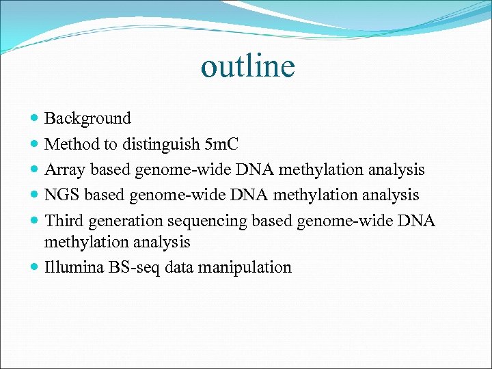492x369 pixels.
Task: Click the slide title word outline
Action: tap(247, 66)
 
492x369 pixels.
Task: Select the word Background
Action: tap(87, 118)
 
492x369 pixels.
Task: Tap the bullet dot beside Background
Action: tap(36, 119)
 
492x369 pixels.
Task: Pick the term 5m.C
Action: tap(221, 143)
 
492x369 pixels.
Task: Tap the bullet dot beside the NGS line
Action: tap(36, 195)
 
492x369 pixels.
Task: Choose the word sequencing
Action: tap(209, 221)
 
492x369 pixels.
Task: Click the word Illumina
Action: tap(73, 267)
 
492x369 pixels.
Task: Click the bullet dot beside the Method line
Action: tap(36, 144)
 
